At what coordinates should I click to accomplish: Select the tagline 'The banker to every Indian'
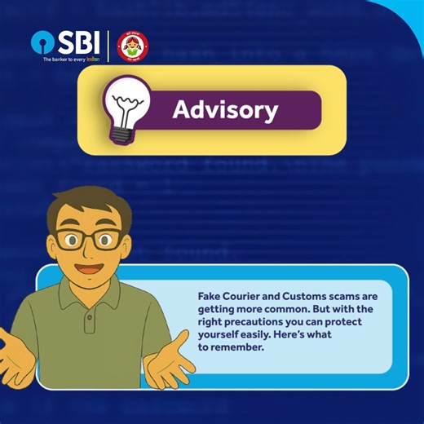click(71, 60)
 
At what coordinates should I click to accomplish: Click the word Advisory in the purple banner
click(226, 110)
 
